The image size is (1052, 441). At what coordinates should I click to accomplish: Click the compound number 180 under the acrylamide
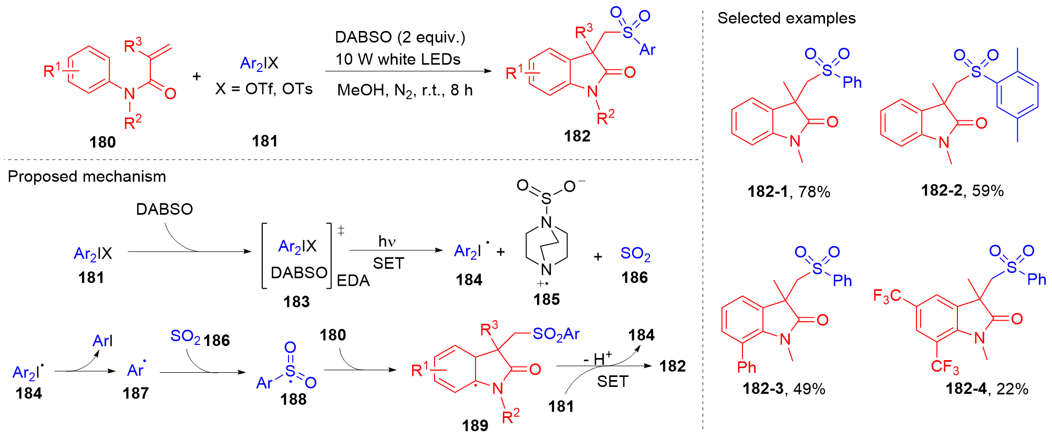(x=102, y=142)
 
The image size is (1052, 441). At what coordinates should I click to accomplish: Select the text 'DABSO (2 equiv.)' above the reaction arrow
(x=400, y=37)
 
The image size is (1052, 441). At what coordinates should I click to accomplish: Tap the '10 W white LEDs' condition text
(x=398, y=59)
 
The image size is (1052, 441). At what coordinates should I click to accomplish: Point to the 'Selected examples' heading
(x=786, y=18)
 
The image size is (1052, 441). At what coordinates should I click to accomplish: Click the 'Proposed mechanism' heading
(x=87, y=176)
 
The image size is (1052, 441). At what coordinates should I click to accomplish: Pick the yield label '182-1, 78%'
(x=789, y=192)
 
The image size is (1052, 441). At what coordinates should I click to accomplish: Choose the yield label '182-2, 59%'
(x=962, y=191)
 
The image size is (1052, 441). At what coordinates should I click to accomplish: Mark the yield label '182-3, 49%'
(x=783, y=388)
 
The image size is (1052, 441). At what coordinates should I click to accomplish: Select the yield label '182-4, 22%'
(x=987, y=388)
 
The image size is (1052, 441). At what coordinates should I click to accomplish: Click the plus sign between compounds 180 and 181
(x=197, y=77)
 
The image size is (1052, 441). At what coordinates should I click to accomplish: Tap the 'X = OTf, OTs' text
(x=264, y=89)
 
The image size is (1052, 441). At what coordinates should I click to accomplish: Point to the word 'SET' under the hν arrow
(x=388, y=264)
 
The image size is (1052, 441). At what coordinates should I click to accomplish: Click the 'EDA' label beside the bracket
(x=353, y=281)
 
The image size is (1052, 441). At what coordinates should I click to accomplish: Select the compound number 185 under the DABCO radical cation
(x=546, y=299)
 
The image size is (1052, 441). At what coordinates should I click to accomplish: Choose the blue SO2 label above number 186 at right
(x=635, y=254)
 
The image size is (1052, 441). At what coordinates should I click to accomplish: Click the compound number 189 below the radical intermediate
(x=475, y=425)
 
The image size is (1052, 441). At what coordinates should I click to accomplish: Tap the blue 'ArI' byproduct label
(x=102, y=341)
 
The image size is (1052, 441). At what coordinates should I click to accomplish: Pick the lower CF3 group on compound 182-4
(x=945, y=366)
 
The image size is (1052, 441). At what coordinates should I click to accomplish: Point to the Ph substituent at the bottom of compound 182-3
(x=746, y=367)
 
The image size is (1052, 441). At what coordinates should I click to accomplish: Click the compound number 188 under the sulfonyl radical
(x=293, y=400)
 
